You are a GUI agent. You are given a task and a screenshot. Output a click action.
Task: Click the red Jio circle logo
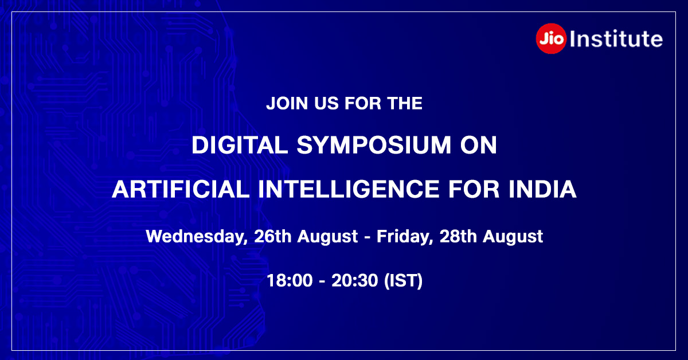551,39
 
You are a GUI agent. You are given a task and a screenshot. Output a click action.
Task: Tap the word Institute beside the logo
616,39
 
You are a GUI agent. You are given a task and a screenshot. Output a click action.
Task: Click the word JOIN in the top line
287,103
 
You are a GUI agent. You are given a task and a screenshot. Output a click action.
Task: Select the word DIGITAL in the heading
240,144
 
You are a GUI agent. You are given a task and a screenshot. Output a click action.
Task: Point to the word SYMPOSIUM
374,144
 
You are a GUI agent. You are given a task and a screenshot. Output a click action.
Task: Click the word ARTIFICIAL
181,189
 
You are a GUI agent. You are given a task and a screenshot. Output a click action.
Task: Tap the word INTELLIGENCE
349,189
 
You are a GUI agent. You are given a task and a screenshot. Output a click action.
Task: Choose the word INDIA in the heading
542,189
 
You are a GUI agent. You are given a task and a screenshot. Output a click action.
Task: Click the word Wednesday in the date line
197,237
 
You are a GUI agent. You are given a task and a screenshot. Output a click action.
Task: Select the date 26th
273,236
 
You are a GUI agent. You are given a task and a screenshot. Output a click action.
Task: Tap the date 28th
458,236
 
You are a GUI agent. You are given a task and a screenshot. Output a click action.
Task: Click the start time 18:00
290,280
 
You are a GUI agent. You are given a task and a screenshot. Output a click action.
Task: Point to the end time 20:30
354,280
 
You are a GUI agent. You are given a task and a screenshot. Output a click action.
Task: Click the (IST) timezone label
404,281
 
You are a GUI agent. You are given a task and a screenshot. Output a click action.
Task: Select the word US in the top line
326,103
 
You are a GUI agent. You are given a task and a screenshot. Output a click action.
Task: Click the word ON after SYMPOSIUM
478,144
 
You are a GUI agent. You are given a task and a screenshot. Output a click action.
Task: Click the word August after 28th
513,237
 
